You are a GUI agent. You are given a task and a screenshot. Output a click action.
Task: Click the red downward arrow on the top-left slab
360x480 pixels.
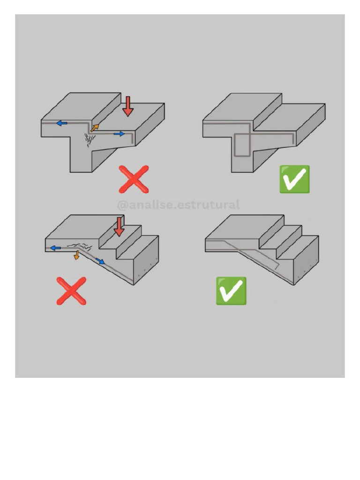tap(127, 106)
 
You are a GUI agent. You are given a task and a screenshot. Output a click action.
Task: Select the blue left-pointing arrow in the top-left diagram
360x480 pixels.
tap(62, 123)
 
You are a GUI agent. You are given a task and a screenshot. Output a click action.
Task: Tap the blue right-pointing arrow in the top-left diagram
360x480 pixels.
tap(119, 134)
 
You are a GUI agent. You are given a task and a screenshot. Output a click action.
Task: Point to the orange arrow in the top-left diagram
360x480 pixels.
tap(95, 128)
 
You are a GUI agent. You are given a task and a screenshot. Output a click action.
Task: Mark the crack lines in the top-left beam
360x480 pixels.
tap(90, 140)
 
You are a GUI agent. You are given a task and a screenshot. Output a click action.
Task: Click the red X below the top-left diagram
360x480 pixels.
tap(134, 180)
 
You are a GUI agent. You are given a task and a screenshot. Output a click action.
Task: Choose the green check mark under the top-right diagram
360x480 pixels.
tap(294, 180)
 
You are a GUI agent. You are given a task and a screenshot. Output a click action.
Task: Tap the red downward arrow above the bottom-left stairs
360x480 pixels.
tap(119, 227)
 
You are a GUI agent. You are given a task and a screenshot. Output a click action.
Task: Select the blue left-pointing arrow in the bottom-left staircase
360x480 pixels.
tap(55, 248)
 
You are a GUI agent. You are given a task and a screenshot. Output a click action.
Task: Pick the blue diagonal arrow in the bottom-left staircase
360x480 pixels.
tap(100, 261)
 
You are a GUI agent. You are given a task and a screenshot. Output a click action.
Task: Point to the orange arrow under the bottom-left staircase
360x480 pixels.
tap(76, 255)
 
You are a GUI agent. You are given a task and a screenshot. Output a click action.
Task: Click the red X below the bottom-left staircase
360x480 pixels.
tap(71, 291)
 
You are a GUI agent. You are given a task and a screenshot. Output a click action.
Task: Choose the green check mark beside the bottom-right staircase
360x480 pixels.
tap(231, 291)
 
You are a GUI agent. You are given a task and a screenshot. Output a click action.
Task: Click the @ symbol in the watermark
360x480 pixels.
tap(122, 205)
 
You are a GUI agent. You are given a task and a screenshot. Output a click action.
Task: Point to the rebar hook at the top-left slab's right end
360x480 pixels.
tap(133, 138)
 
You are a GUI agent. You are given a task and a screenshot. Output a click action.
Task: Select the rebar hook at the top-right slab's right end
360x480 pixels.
tap(293, 139)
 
